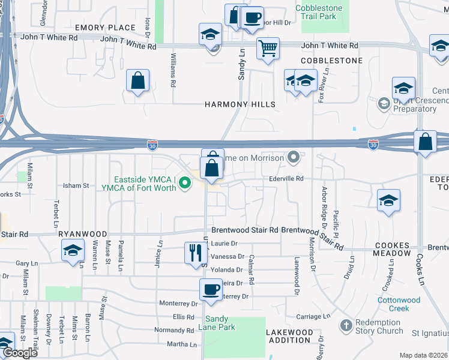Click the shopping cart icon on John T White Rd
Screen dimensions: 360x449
point(268,48)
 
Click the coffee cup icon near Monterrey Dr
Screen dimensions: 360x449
point(210,290)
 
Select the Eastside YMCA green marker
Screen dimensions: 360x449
point(185,184)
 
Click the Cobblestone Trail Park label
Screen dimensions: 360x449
point(319,12)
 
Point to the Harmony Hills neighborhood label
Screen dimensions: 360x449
point(240,104)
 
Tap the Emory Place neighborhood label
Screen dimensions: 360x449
point(105,28)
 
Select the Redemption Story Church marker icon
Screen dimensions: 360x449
point(346,326)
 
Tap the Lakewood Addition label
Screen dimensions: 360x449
point(291,336)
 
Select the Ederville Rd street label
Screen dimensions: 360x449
point(286,178)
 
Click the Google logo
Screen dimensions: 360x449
point(20,353)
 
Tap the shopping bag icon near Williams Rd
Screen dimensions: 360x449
point(137,81)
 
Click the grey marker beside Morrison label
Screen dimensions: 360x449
point(294,157)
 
